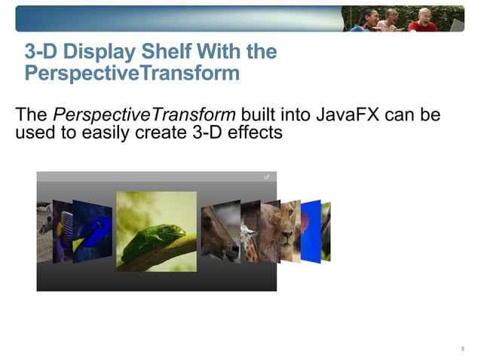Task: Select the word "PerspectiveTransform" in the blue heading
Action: [x=132, y=74]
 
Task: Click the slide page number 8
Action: [x=461, y=348]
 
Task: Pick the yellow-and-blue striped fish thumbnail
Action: [x=66, y=230]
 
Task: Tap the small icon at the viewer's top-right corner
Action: [x=267, y=176]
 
